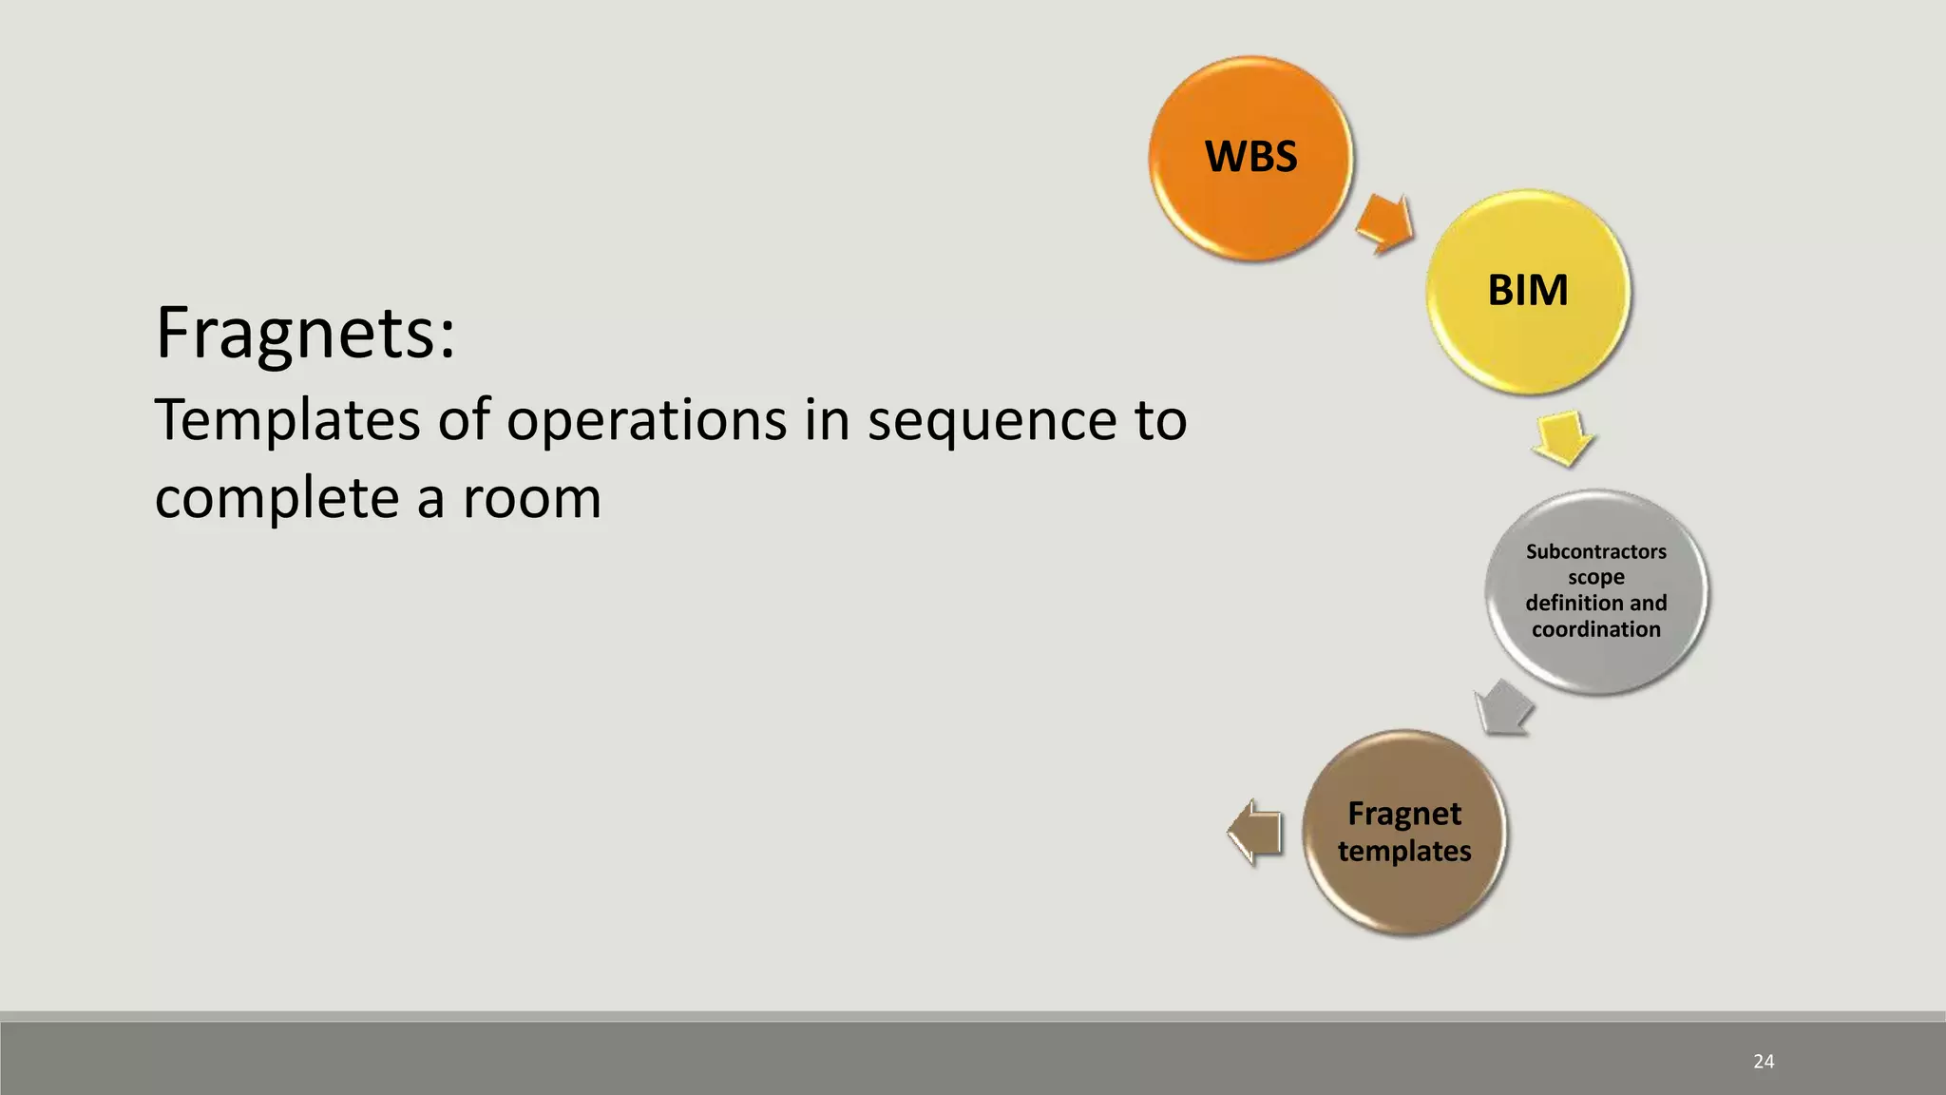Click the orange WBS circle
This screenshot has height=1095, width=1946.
[1250, 158]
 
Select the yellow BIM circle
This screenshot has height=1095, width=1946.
[1528, 291]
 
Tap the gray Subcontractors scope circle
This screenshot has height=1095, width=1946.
[1596, 591]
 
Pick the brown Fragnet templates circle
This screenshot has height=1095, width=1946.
[1404, 832]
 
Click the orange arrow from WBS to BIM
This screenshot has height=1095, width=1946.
[1384, 225]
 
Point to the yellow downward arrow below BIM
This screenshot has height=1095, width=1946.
[1562, 438]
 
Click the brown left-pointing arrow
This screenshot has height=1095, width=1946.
[1255, 832]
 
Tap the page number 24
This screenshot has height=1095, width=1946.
[1764, 1061]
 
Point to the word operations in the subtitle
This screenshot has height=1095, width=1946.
[646, 420]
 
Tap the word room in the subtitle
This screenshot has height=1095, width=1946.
[531, 498]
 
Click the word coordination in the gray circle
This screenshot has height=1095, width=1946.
[1596, 629]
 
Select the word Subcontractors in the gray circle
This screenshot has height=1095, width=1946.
[1596, 551]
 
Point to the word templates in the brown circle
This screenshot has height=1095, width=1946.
[1404, 851]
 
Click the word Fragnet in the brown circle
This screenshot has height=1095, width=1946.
[1404, 814]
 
